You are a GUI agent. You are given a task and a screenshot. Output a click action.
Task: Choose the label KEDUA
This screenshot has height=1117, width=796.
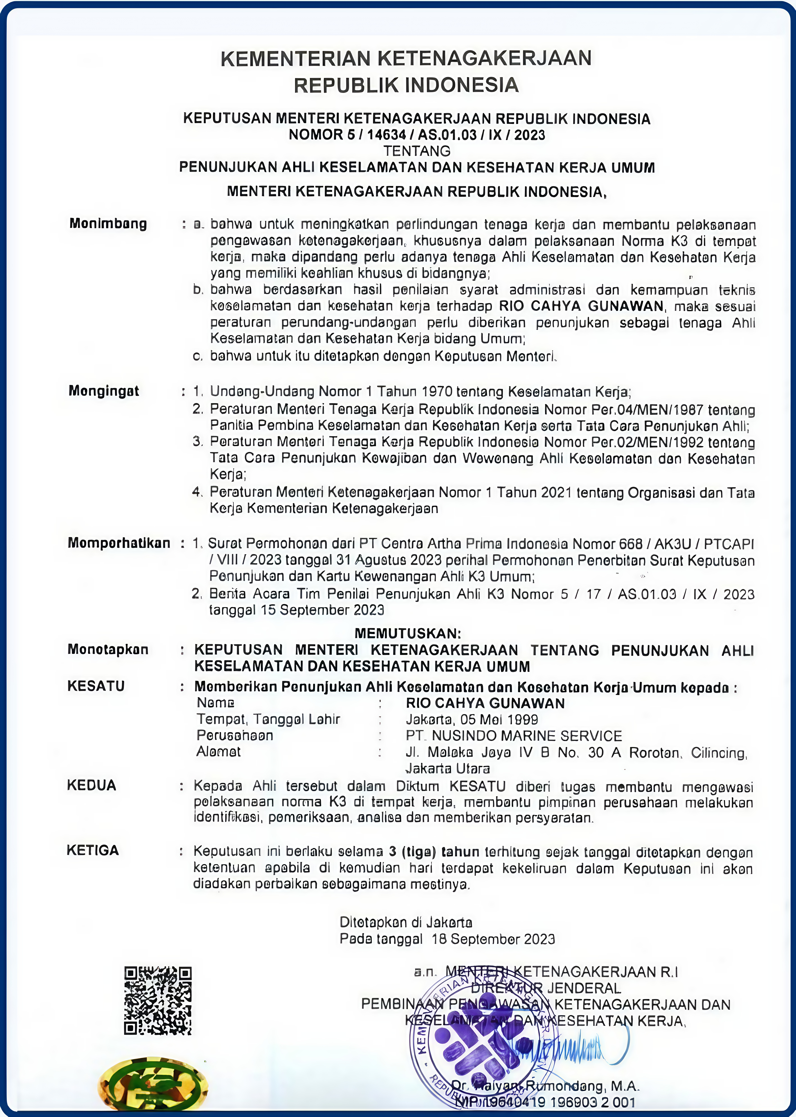pyautogui.click(x=92, y=785)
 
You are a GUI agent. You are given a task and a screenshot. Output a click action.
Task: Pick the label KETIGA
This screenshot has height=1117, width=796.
pyautogui.click(x=93, y=851)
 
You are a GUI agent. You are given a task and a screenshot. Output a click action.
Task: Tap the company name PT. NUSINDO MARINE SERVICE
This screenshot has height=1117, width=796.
pyautogui.click(x=514, y=736)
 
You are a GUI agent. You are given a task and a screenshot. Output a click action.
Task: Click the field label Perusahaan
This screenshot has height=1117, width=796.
pyautogui.click(x=235, y=735)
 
